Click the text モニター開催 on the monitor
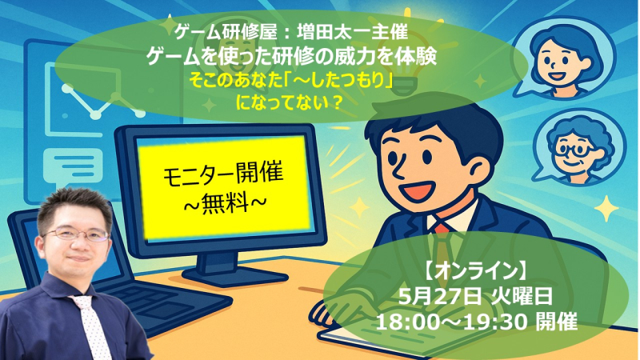point(223,174)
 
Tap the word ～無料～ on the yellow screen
point(223,203)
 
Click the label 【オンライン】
point(476,271)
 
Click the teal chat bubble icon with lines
point(73,166)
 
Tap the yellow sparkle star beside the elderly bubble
point(606,209)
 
